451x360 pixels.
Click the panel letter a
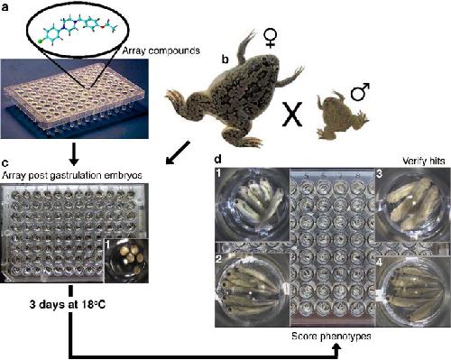click(x=5, y=7)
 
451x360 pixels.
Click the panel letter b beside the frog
click(x=225, y=59)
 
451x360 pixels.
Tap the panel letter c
click(x=5, y=163)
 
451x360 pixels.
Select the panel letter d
click(x=218, y=158)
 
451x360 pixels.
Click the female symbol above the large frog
click(x=270, y=39)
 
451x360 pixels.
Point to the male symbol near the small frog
click(x=360, y=91)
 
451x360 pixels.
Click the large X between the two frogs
click(x=291, y=115)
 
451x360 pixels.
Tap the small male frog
click(x=342, y=115)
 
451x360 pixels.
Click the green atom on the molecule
click(x=40, y=42)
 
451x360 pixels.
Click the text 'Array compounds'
click(x=161, y=51)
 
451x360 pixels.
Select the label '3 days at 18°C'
click(x=68, y=305)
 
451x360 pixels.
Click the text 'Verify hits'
click(x=423, y=162)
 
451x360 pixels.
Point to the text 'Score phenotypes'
click(x=331, y=336)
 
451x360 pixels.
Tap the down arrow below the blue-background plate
click(x=74, y=154)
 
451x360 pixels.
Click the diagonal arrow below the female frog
click(x=178, y=152)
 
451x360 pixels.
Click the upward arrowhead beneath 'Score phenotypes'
click(x=337, y=349)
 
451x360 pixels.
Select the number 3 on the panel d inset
click(x=380, y=174)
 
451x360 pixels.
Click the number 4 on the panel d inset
click(x=380, y=263)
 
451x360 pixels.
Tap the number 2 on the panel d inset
click(x=218, y=259)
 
